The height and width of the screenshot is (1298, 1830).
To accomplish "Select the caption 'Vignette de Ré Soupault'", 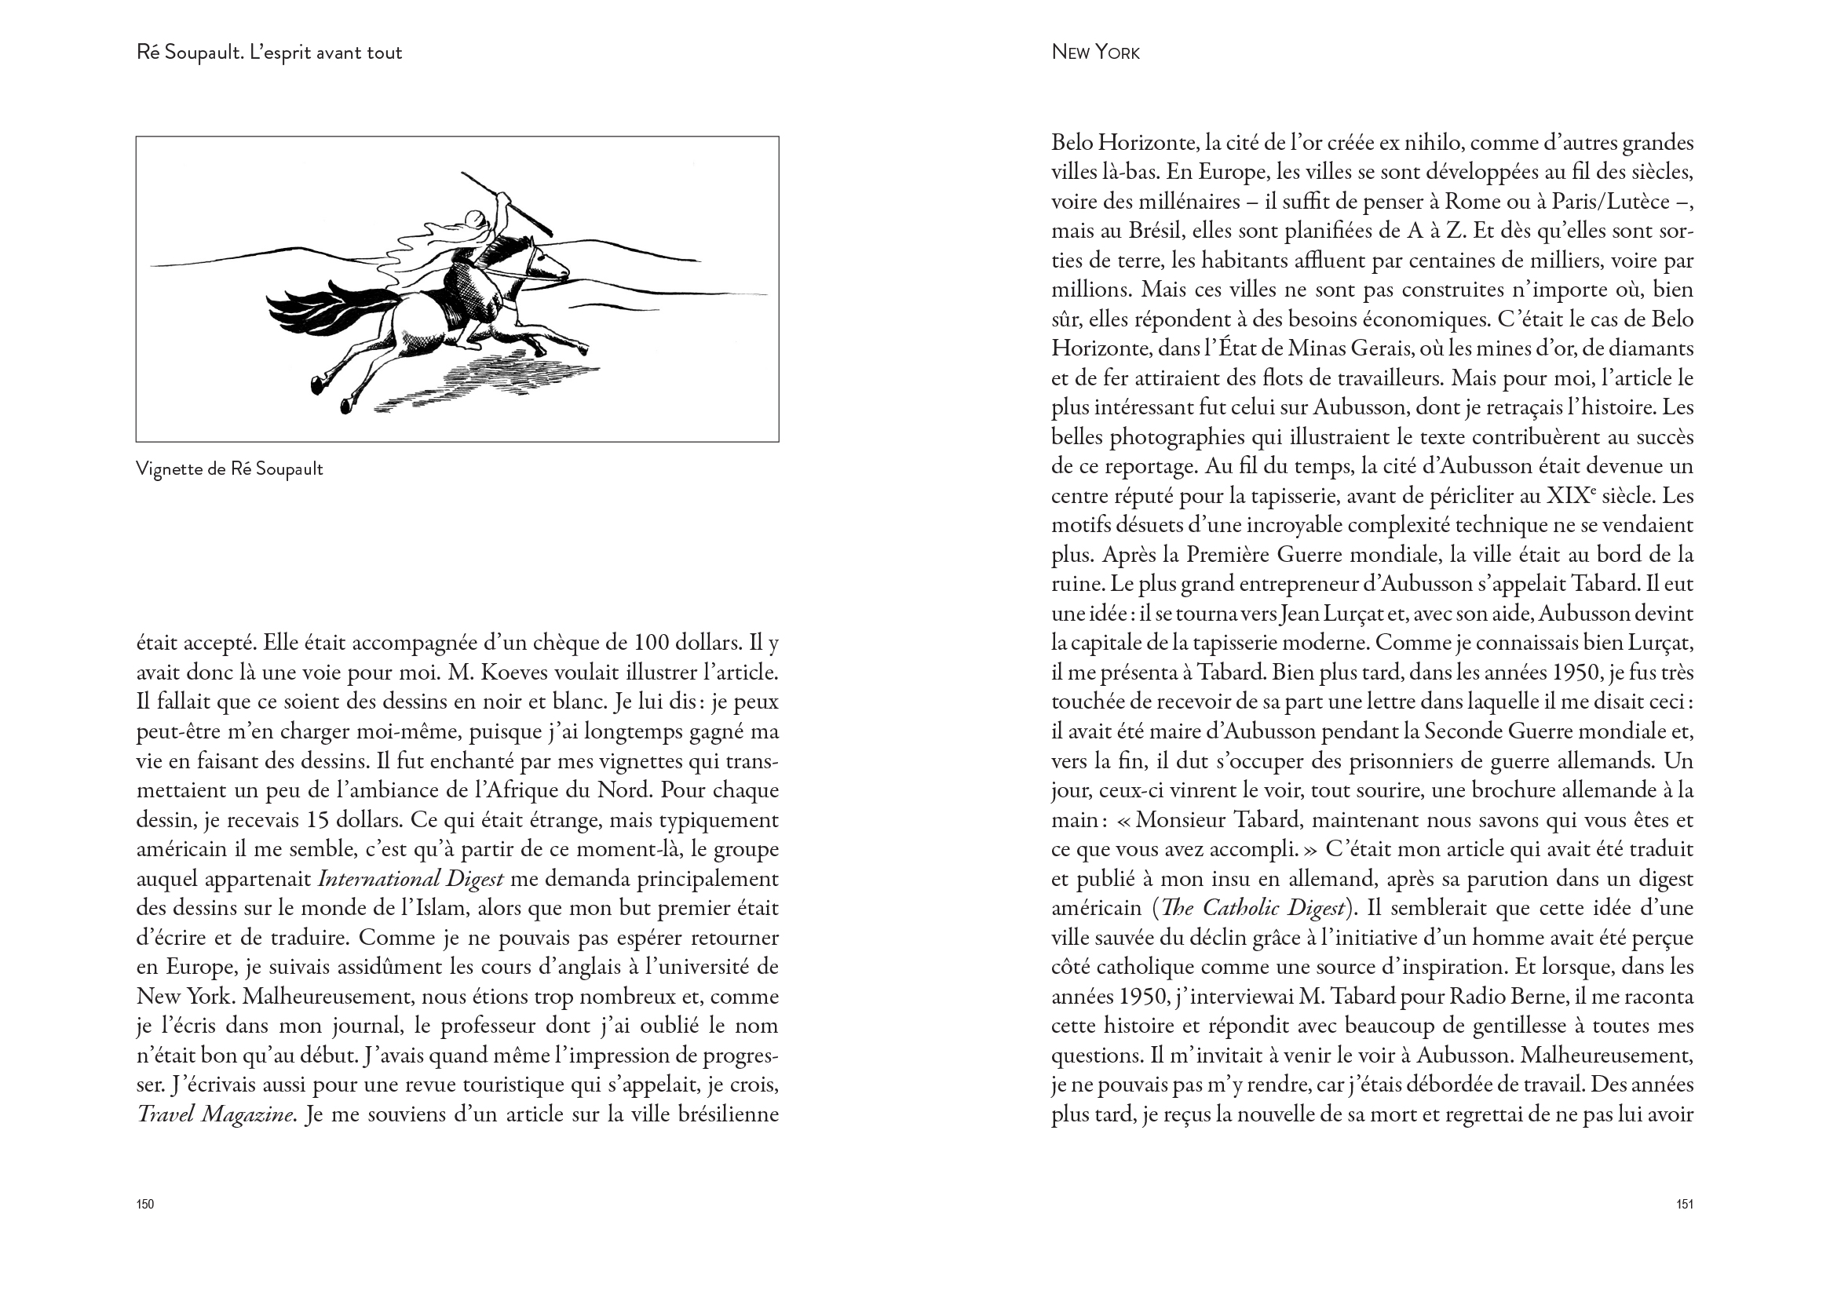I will [229, 469].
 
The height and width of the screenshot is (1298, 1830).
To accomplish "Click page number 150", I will [144, 1205].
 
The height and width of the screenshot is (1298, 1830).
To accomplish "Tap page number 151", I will [1685, 1205].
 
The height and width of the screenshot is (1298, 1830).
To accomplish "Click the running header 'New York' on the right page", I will [1095, 53].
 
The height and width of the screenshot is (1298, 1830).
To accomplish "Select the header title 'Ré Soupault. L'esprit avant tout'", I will [269, 53].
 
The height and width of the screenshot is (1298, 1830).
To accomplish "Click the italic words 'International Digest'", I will [411, 879].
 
